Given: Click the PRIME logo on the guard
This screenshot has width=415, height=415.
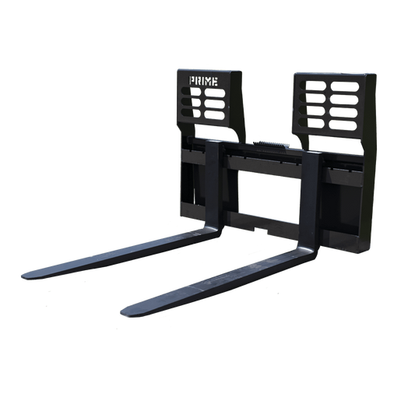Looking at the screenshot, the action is pyautogui.click(x=203, y=81).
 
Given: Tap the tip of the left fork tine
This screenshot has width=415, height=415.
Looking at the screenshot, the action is pyautogui.click(x=22, y=276).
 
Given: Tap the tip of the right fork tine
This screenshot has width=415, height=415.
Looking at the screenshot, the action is pyautogui.click(x=121, y=312).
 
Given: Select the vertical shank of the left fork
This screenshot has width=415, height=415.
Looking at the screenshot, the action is pyautogui.click(x=214, y=184).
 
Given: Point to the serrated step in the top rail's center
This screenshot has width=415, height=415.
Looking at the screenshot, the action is pyautogui.click(x=271, y=145).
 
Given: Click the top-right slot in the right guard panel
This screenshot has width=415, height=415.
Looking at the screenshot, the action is pyautogui.click(x=345, y=86).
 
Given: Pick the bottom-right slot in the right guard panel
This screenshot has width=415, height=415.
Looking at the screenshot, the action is pyautogui.click(x=343, y=125).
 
